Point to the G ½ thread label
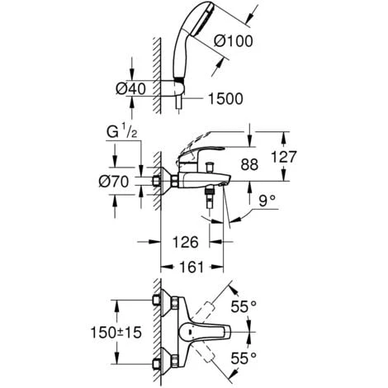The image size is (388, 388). (x=120, y=130)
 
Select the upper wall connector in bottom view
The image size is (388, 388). (x=165, y=305)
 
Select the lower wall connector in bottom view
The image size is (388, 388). (x=165, y=360)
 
